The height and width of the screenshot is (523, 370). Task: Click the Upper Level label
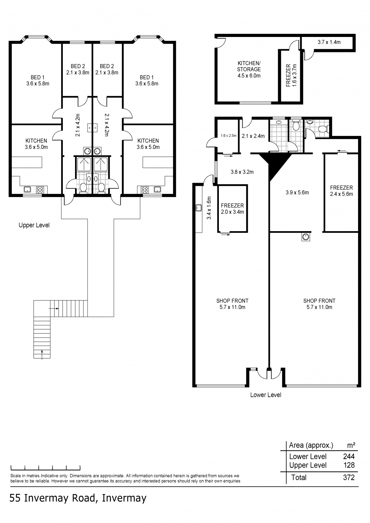click(x=34, y=225)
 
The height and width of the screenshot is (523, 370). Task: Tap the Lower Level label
click(x=266, y=395)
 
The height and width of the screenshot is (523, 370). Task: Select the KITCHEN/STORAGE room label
click(x=249, y=69)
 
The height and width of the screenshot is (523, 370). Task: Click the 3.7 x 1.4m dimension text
click(x=329, y=42)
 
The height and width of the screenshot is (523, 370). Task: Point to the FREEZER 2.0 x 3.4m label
click(x=232, y=209)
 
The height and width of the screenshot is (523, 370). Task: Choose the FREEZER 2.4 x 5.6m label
click(x=341, y=191)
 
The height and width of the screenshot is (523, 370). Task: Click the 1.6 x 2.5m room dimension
click(x=228, y=136)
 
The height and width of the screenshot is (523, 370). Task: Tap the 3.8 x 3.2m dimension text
click(x=242, y=172)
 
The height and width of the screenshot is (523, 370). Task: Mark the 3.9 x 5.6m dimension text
click(x=297, y=192)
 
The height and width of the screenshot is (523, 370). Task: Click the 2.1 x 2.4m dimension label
click(x=253, y=136)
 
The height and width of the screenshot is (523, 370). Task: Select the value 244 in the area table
click(x=348, y=456)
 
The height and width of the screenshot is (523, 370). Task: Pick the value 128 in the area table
click(x=348, y=465)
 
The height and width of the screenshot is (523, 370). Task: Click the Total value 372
click(x=348, y=477)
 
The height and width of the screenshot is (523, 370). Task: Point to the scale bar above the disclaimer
click(x=45, y=467)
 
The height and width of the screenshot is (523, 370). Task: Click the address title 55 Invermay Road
click(x=78, y=498)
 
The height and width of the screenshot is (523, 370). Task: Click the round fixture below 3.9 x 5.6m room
click(x=306, y=237)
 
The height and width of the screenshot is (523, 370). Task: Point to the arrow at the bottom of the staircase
click(x=42, y=354)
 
